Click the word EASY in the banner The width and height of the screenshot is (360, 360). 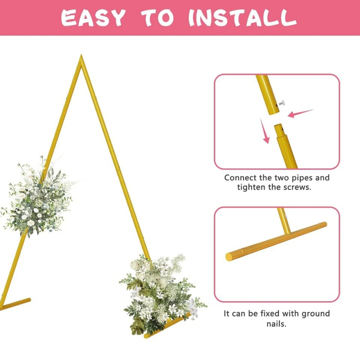93,18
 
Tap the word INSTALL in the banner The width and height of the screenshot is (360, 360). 243,18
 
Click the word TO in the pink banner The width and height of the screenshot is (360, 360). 157,18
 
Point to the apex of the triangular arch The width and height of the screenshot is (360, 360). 81,55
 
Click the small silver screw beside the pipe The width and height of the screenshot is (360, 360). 282,103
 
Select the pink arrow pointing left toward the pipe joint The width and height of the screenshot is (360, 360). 300,113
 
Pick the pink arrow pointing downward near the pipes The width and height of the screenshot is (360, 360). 265,131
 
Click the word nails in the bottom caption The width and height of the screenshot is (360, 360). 276,324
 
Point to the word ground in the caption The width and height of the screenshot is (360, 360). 316,314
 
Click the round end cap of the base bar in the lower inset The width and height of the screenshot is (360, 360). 229,257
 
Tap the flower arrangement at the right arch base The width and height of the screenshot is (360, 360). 162,294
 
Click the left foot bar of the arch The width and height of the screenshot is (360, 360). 15,304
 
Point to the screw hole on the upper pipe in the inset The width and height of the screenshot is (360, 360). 276,105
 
